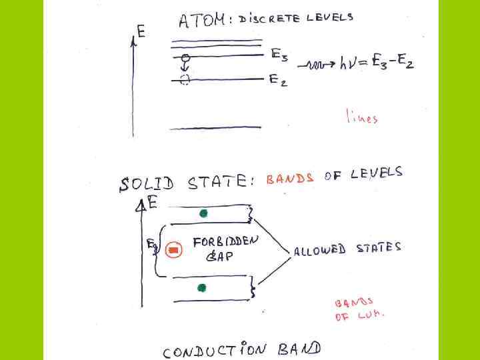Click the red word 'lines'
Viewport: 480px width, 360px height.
[x=361, y=117]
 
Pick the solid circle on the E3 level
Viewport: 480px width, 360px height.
[x=186, y=57]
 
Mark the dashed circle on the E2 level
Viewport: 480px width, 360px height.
[x=185, y=80]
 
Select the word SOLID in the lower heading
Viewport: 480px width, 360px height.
[x=146, y=183]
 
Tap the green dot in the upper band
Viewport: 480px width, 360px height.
[x=203, y=213]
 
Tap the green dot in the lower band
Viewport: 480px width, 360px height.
[x=201, y=287]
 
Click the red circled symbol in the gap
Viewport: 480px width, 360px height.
[x=173, y=250]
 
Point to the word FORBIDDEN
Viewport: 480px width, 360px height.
[x=225, y=241]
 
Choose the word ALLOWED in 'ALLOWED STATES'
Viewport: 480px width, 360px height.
[x=319, y=250]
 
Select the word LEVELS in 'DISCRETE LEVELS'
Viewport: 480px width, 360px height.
[x=329, y=18]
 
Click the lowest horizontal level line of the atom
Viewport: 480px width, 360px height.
[x=215, y=127]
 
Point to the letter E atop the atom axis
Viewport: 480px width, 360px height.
[x=141, y=31]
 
